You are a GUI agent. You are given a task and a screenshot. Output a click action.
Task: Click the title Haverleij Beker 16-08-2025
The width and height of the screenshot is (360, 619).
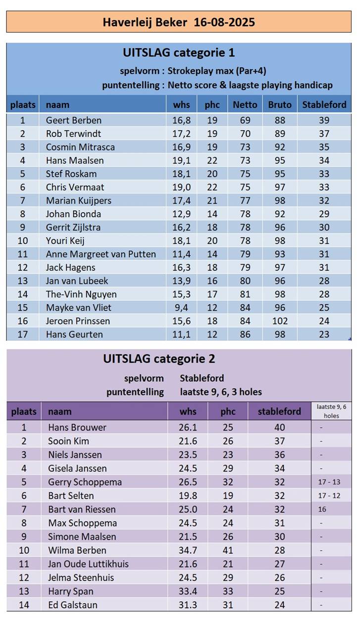[179, 22]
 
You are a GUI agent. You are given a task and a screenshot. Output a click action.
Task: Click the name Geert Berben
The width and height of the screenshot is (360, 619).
[73, 120]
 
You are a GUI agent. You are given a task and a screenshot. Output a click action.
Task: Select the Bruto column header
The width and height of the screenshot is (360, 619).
[280, 105]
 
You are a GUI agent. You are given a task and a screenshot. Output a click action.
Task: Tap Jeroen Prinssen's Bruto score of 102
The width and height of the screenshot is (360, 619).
[280, 321]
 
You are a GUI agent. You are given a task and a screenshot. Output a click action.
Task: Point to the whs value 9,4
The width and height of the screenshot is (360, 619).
[181, 308]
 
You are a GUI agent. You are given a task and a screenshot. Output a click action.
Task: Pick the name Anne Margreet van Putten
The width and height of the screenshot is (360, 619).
[101, 254]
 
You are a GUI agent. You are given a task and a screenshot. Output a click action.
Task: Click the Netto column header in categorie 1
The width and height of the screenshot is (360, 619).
[245, 105]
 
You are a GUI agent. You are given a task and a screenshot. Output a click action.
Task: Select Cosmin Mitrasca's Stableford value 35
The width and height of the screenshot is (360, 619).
[324, 147]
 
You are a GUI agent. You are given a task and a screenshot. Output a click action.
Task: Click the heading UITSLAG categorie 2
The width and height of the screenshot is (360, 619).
[159, 359]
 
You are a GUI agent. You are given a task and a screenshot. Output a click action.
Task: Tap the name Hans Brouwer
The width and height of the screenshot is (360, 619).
[77, 428]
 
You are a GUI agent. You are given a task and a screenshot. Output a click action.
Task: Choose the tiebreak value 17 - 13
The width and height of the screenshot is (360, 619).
[329, 482]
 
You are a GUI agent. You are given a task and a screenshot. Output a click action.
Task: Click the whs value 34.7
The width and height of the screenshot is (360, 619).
[187, 550]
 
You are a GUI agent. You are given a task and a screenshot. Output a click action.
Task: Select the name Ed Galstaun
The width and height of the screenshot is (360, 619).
[73, 605]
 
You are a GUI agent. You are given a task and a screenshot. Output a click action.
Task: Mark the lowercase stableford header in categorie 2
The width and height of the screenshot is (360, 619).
[279, 412]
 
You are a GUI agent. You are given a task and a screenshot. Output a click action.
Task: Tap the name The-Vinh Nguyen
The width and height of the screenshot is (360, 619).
[81, 294]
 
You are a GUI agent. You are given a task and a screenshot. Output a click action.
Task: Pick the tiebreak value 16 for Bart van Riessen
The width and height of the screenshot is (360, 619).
[322, 509]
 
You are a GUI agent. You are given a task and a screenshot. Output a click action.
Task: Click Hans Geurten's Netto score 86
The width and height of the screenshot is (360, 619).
[245, 334]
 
